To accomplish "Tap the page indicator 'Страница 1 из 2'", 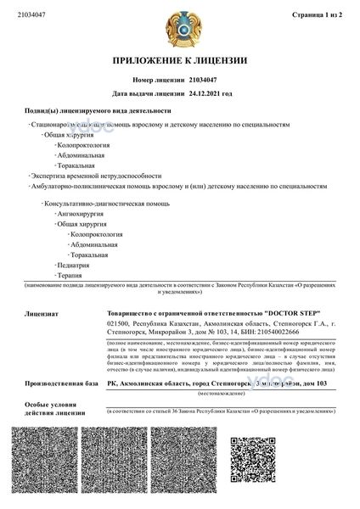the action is pyautogui.click(x=315, y=14).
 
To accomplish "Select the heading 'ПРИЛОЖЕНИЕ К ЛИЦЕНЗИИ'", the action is pyautogui.click(x=179, y=61).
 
